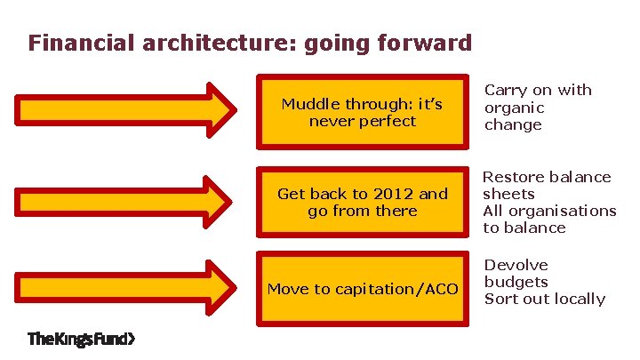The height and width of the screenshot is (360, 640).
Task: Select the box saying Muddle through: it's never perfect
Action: (362, 111)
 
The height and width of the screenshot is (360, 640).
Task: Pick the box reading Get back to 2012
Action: (362, 203)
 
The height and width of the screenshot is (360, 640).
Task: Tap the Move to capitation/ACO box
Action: (362, 289)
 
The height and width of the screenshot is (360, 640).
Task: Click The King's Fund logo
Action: (82, 339)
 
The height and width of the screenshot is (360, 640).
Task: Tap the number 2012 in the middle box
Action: (394, 194)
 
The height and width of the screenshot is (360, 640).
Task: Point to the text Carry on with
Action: (538, 90)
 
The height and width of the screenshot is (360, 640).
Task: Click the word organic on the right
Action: (514, 108)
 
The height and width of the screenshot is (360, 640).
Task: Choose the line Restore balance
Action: (547, 177)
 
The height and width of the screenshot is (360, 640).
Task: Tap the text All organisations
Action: (549, 211)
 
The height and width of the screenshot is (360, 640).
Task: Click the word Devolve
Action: (516, 265)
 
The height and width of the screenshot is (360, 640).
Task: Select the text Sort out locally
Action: (544, 299)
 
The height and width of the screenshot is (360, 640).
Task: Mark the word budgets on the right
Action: (516, 282)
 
